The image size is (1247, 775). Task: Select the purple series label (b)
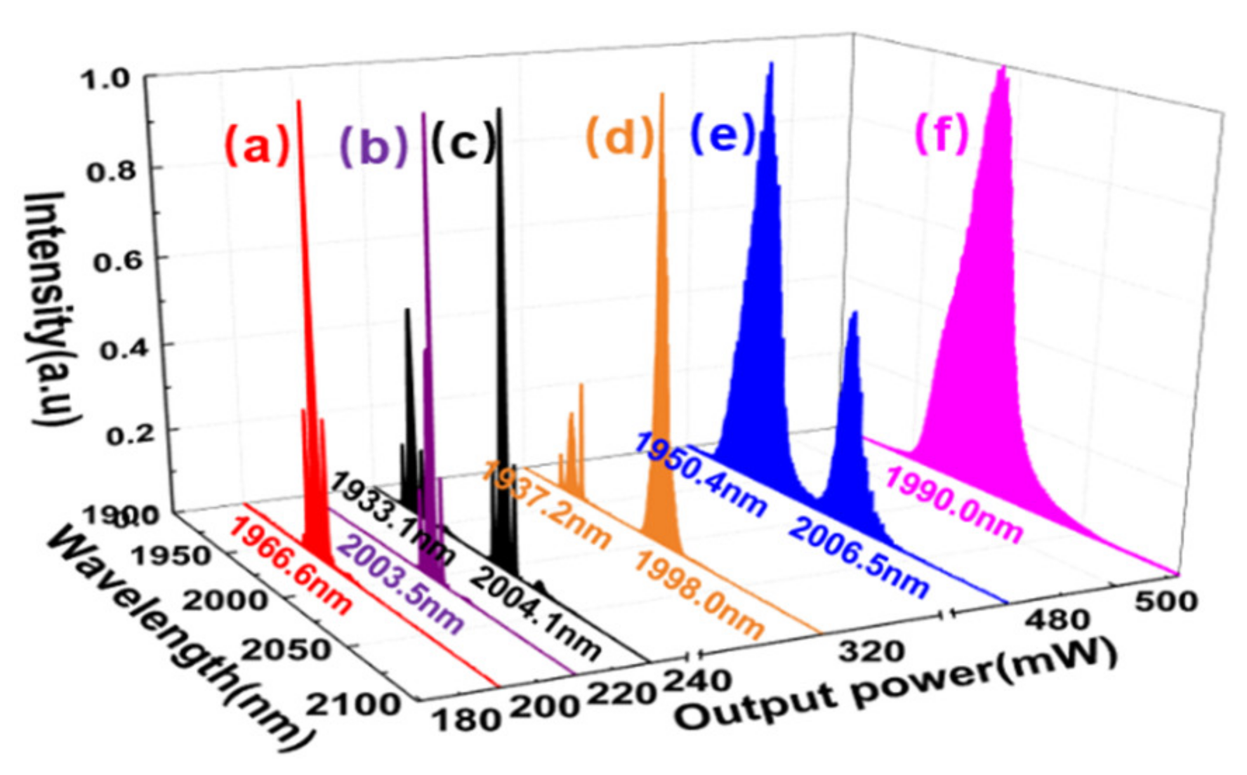coord(374,146)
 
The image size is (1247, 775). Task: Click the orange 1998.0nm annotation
coord(699,594)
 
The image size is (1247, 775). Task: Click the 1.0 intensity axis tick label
coord(105,79)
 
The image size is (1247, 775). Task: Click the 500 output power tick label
coord(1166,601)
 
